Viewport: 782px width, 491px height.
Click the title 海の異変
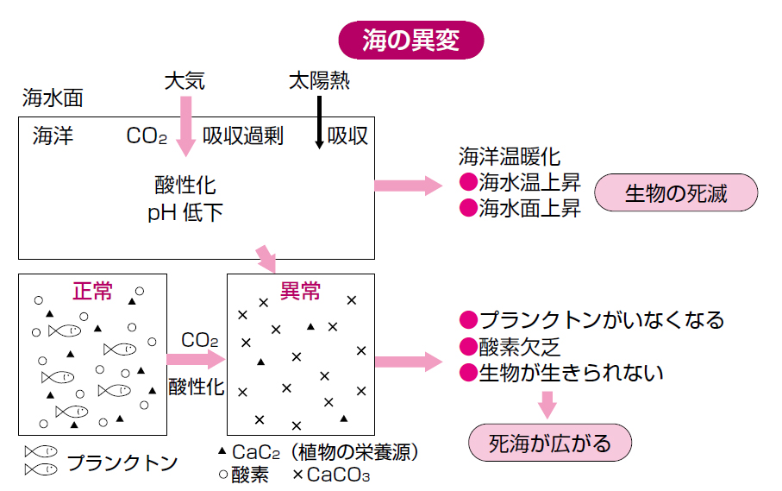410,40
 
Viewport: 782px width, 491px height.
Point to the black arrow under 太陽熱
320,121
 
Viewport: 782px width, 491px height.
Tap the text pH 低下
185,212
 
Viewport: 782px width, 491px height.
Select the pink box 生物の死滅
677,194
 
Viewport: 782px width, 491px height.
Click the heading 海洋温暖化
510,157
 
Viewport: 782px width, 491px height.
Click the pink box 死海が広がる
549,444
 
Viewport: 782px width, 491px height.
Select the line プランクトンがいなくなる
591,320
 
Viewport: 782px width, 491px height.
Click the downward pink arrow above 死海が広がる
547,404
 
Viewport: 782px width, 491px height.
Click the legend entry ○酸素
244,474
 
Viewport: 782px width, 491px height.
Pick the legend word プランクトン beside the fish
122,463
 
